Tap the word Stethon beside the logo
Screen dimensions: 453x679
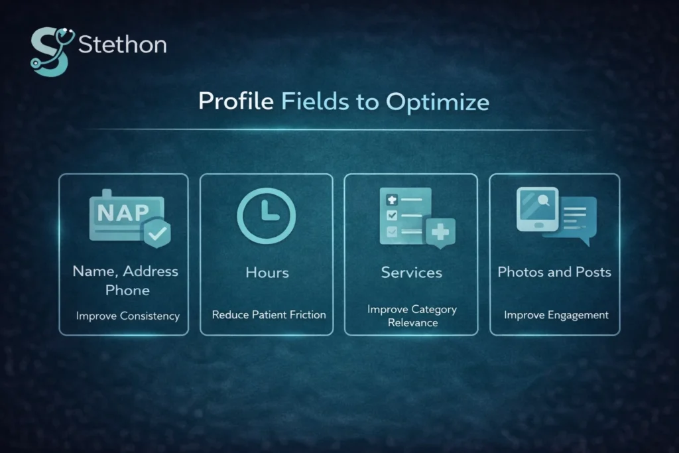click(x=122, y=45)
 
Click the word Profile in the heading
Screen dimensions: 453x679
click(x=237, y=101)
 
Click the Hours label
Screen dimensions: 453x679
click(x=267, y=272)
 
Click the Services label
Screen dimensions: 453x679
click(x=411, y=272)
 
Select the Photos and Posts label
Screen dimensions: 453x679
click(x=554, y=272)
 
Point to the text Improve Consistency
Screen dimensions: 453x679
click(x=127, y=316)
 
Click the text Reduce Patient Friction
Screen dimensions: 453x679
click(x=269, y=314)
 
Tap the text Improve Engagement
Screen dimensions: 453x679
click(x=556, y=314)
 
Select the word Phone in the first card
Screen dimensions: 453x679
click(x=127, y=291)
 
